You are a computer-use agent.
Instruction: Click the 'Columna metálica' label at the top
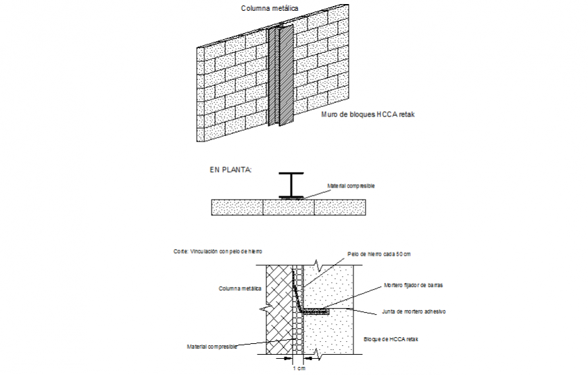(270, 9)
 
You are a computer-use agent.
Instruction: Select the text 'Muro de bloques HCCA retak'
(367, 115)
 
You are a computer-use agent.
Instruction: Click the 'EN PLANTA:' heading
(230, 170)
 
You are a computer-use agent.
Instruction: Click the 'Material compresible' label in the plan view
(351, 185)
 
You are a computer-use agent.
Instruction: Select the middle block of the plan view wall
(289, 207)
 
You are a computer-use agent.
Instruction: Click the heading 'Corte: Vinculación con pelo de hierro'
(218, 251)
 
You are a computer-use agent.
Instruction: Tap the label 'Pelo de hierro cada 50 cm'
(379, 254)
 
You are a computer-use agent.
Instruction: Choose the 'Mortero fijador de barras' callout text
(412, 285)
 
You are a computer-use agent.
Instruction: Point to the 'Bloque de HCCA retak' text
(391, 338)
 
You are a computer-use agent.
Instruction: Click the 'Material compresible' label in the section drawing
(212, 346)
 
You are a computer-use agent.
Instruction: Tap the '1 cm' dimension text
(298, 369)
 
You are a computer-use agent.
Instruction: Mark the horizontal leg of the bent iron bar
(314, 311)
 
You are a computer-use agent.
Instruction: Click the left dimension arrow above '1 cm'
(290, 360)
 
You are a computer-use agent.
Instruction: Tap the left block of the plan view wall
(237, 207)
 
